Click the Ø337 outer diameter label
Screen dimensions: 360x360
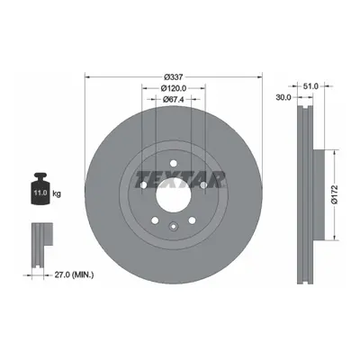click(174, 77)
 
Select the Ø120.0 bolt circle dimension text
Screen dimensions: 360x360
click(174, 88)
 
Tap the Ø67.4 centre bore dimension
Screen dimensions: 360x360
click(174, 99)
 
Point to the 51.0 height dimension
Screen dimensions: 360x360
click(310, 86)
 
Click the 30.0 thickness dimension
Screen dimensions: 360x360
click(283, 97)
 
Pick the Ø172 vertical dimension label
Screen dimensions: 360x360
click(335, 194)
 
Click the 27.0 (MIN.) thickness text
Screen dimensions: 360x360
click(74, 274)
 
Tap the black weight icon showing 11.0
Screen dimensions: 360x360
click(40, 188)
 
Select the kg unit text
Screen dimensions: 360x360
click(57, 193)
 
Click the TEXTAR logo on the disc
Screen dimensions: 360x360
click(180, 179)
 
